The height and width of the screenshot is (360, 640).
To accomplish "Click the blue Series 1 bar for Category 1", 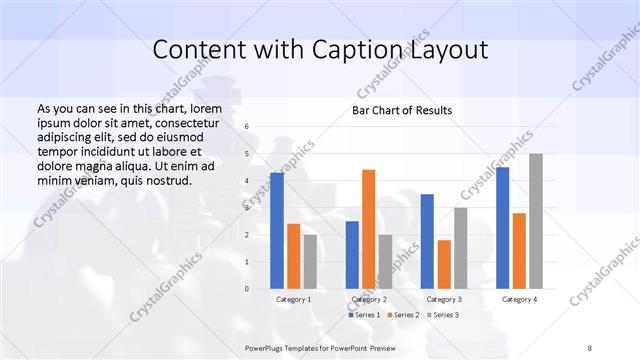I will pos(277,231).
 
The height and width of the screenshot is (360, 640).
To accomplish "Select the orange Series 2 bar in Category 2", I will pos(368,229).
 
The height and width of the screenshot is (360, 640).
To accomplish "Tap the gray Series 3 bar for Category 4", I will pos(536,221).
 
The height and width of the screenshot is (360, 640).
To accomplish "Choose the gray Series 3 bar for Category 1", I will pos(310,262).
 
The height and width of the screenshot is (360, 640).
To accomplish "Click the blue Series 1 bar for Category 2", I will pos(352,255).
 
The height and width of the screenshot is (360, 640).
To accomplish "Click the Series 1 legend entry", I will pos(364,315).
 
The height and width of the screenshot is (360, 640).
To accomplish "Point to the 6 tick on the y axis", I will pos(247,127).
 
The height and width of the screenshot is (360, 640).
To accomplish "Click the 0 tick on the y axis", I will pos(247,289).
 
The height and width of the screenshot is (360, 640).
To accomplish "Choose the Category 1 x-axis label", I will pos(293,299).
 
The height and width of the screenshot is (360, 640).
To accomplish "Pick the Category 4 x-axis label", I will pos(519,299).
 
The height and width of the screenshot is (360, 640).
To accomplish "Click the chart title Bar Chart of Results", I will pos(402,110).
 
